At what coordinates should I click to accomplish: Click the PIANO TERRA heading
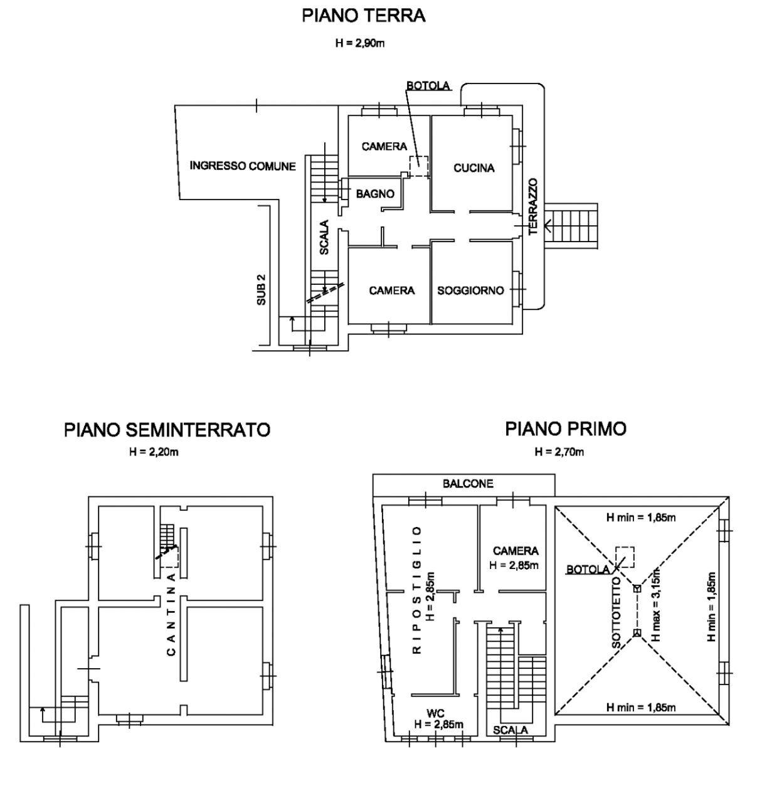pyautogui.click(x=364, y=16)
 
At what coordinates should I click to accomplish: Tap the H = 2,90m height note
pyautogui.click(x=364, y=43)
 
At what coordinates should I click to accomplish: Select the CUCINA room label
pyautogui.click(x=474, y=168)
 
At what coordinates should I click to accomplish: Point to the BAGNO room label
pyautogui.click(x=375, y=194)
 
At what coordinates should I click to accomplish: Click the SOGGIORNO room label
pyautogui.click(x=470, y=290)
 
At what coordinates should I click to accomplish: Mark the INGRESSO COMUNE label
pyautogui.click(x=243, y=166)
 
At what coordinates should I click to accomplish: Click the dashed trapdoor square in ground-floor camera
pyautogui.click(x=418, y=166)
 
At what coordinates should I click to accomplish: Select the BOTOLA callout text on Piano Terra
pyautogui.click(x=428, y=86)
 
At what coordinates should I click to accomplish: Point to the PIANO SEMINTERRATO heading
pyautogui.click(x=167, y=430)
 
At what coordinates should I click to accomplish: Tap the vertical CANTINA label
pyautogui.click(x=171, y=613)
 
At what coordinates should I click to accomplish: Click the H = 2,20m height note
pyautogui.click(x=154, y=452)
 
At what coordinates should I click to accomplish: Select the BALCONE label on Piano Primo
pyautogui.click(x=468, y=484)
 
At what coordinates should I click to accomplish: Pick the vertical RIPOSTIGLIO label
pyautogui.click(x=415, y=590)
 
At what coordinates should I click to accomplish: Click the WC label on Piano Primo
pyautogui.click(x=435, y=714)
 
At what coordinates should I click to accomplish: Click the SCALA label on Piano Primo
pyautogui.click(x=510, y=730)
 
